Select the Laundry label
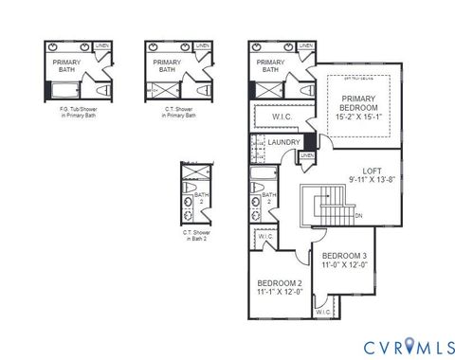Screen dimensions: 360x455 [284, 143]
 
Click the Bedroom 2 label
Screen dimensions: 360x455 [280, 287]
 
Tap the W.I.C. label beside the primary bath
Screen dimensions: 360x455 [281, 117]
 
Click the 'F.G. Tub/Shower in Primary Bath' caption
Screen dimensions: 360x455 [72, 112]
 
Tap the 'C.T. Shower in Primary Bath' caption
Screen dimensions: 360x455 [173, 112]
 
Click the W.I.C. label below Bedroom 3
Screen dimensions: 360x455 [322, 311]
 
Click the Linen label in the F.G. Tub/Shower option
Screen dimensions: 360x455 [102, 45]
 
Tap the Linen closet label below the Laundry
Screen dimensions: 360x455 [307, 155]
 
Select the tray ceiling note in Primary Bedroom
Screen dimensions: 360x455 [358, 79]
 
